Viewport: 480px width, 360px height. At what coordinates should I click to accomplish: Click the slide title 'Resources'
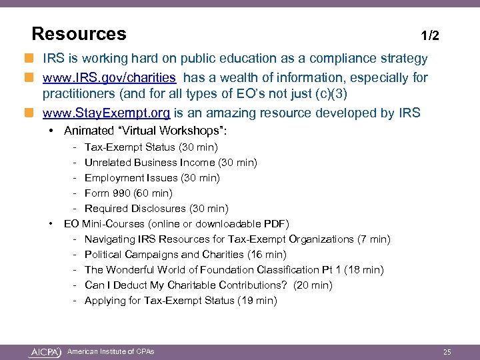point(79,33)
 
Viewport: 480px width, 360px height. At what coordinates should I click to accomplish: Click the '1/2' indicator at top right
point(430,35)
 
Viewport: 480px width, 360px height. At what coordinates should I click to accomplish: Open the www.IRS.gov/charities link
point(109,78)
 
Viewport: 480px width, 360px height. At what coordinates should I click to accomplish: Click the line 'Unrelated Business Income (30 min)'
point(171,162)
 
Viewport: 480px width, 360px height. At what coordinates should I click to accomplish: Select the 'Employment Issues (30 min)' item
point(152,177)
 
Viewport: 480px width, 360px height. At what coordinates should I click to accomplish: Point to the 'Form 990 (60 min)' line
point(128,193)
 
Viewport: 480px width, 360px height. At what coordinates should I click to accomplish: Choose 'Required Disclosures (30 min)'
point(156,209)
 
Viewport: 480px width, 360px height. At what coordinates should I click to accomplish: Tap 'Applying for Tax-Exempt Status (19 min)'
point(180,300)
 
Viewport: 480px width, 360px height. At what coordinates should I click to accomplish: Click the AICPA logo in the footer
point(45,351)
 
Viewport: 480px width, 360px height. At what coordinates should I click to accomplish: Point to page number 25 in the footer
point(447,351)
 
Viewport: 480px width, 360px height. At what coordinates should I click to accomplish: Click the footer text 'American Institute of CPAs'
point(111,351)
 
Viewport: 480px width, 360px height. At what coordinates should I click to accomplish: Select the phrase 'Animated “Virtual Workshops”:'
point(150,131)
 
